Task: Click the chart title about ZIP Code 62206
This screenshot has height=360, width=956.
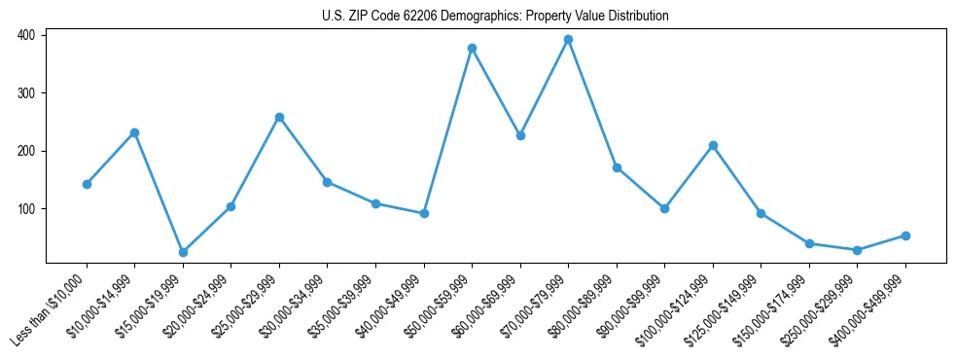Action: pos(495,17)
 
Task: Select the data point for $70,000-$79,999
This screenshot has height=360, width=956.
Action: pos(568,40)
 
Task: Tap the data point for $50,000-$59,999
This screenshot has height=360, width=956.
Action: pos(472,48)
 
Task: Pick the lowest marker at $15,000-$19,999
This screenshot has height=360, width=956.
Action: pos(183,252)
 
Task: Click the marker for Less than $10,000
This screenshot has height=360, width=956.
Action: pos(87,184)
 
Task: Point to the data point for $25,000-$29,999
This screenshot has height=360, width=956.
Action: pos(279,117)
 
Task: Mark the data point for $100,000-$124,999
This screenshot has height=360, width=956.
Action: pos(713,145)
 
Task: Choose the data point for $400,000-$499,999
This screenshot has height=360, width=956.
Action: pos(905,235)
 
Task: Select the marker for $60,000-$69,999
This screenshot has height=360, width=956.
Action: pos(520,135)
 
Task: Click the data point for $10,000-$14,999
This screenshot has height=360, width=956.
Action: pos(134,132)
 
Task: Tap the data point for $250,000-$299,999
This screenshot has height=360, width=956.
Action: pos(857,250)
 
